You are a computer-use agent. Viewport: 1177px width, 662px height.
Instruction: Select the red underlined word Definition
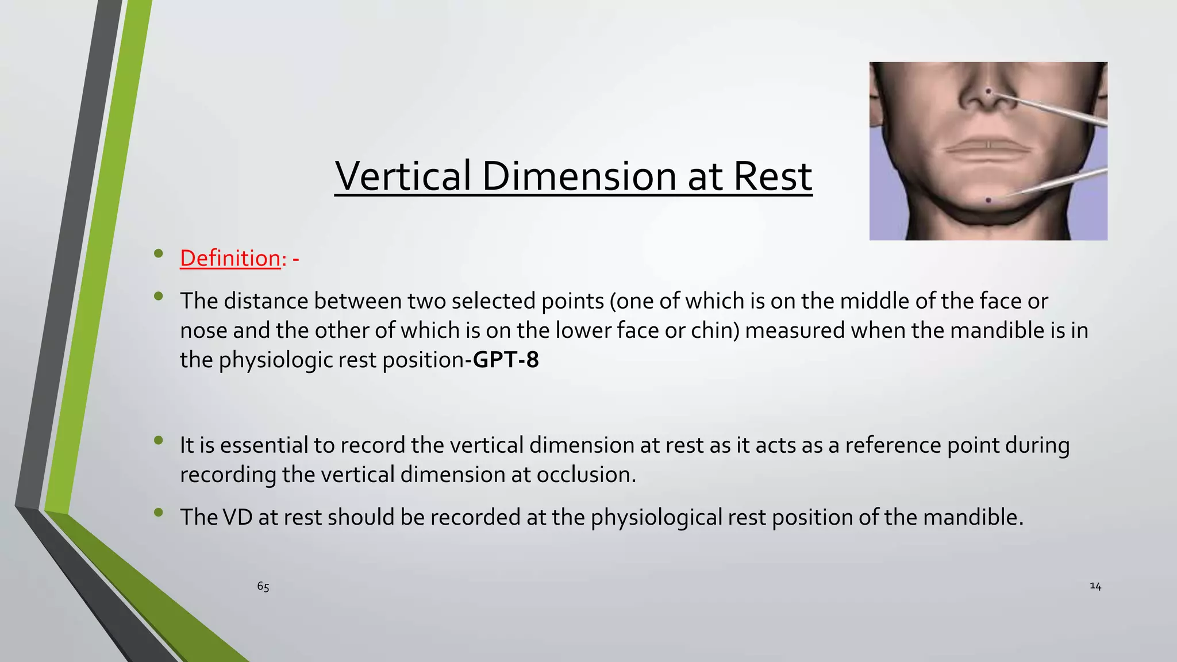point(230,259)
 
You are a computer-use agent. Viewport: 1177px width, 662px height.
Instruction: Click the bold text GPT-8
point(506,360)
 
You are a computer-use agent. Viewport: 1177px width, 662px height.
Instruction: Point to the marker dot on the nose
point(988,91)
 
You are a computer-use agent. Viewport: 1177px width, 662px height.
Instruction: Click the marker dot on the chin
point(988,200)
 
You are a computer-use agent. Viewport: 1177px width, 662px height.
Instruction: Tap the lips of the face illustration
point(987,149)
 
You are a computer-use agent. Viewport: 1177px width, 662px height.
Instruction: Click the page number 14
point(1095,586)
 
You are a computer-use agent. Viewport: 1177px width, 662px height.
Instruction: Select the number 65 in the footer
point(263,587)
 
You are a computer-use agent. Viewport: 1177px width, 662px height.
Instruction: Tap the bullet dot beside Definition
point(159,253)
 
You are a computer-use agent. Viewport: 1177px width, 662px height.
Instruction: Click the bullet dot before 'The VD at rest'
point(159,512)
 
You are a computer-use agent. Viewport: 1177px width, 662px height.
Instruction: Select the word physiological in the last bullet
point(656,518)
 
